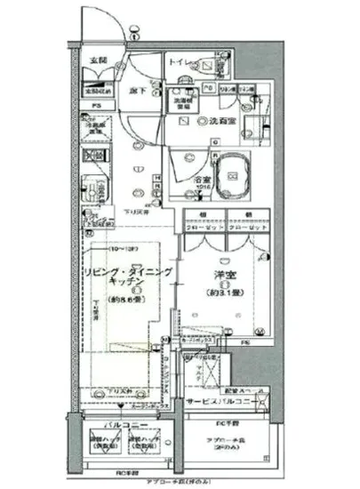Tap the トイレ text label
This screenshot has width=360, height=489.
pyautogui.click(x=179, y=63)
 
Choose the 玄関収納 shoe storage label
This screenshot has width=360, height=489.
pyautogui.click(x=96, y=90)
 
